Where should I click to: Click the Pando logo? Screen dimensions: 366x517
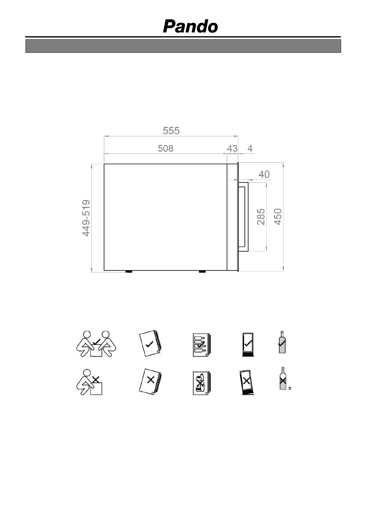pos(191,26)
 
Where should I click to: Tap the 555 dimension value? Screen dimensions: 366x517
pos(171,131)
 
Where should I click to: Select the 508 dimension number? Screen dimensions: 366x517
pos(165,148)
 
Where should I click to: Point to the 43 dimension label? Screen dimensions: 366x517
pos(232,148)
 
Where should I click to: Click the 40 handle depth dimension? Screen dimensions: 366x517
pos(264,174)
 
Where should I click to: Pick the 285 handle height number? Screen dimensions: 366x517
pos(261,217)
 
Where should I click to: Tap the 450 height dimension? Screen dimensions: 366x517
pos(278,217)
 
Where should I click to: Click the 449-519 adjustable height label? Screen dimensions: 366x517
pos(86,218)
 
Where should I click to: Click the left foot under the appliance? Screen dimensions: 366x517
pos(129,271)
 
